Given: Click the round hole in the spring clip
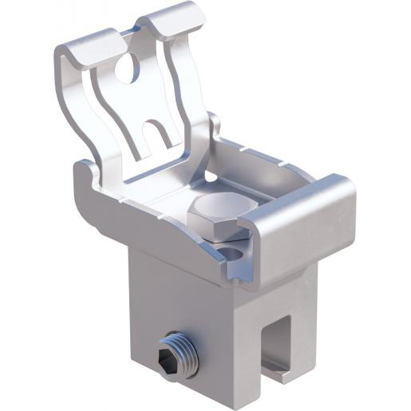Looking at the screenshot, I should pyautogui.click(x=127, y=70).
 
